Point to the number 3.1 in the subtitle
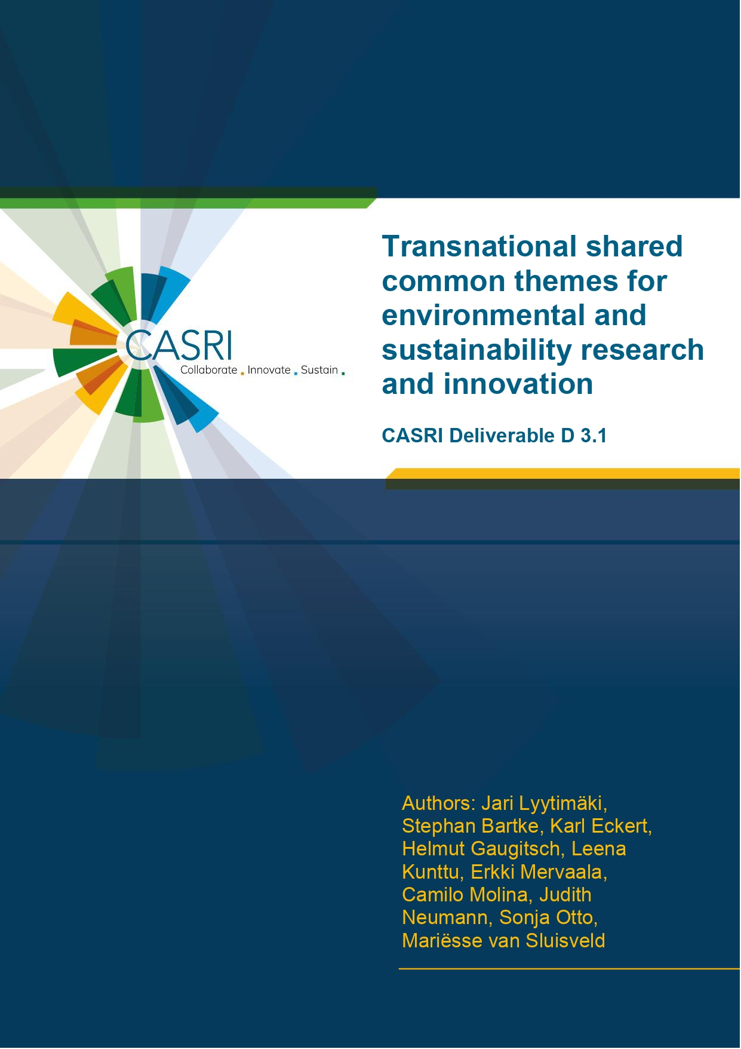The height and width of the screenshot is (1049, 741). [593, 436]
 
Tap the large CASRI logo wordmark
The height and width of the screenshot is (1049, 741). [179, 345]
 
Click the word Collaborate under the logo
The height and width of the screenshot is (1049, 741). [209, 370]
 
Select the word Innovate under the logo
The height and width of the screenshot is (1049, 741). [269, 370]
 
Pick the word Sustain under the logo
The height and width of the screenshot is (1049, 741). [319, 370]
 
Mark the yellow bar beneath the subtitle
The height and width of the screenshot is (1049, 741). [563, 473]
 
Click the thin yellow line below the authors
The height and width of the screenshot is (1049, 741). [570, 969]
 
